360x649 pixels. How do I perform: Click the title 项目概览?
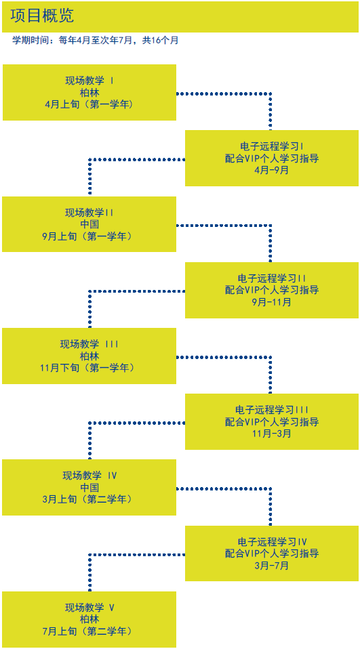point(42,16)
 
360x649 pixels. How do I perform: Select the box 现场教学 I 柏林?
point(89,92)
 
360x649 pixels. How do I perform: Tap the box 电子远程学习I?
point(272,158)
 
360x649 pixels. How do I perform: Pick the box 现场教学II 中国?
point(89,224)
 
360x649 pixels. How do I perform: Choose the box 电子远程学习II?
point(272,290)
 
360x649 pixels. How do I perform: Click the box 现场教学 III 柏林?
point(89,356)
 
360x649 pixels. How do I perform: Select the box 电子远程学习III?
point(272,421)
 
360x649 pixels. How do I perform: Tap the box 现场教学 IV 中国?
point(89,487)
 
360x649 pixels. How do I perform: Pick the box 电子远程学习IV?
point(272,553)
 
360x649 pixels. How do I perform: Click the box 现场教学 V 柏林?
point(89,619)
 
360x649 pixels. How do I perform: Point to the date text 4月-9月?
point(272,170)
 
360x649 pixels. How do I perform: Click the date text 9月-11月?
point(272,302)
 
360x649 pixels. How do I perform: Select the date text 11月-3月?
point(272,434)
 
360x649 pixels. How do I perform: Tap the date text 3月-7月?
point(272,566)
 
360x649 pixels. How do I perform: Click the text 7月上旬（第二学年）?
point(89,631)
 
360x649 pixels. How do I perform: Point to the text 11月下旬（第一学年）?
point(89,368)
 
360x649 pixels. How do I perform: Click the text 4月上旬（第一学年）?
point(89,104)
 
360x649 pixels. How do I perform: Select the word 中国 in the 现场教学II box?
point(89,224)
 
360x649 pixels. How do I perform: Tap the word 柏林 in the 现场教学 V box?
point(89,620)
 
